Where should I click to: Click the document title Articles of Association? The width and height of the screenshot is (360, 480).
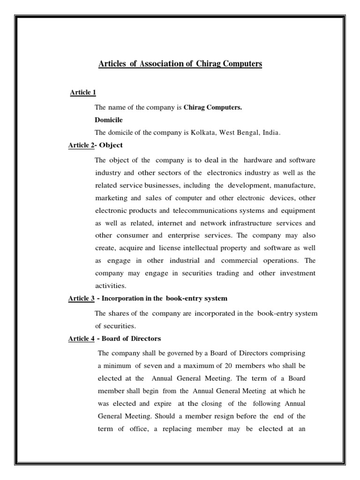(180, 64)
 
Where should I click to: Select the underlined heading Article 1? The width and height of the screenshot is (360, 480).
(83, 92)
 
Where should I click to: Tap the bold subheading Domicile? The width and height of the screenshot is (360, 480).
(108, 120)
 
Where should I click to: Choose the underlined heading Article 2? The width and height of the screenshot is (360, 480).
(81, 145)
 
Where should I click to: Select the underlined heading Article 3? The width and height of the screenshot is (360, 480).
(81, 299)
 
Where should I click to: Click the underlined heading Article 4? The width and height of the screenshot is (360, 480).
(81, 338)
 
